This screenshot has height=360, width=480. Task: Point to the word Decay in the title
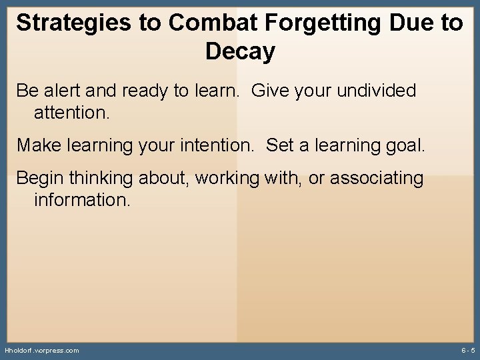(x=240, y=51)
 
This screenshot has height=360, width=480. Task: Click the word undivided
(x=377, y=91)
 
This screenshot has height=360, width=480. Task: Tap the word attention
(x=71, y=113)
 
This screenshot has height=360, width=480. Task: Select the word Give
(x=271, y=91)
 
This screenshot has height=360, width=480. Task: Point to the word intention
(x=216, y=145)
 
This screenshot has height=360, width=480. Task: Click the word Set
(x=280, y=145)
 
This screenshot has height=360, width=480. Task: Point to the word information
(x=82, y=200)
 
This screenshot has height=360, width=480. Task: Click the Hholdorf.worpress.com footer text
(x=41, y=350)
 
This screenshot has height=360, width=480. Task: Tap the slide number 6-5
(x=467, y=350)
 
